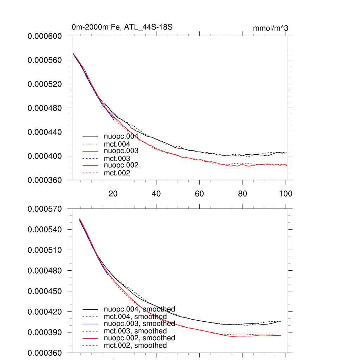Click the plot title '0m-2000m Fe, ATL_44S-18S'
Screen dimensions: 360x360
tap(122, 27)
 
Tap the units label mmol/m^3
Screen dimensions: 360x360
tap(270, 28)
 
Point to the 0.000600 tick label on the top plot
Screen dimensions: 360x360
tap(45, 36)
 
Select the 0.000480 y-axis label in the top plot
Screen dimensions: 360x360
tap(45, 108)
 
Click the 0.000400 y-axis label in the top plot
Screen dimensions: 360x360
tap(45, 156)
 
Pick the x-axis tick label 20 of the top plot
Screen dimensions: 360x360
tap(113, 193)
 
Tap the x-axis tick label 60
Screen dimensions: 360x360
tap(199, 193)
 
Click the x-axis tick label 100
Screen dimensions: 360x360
tap(285, 193)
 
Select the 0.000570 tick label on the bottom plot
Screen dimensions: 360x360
tap(45, 209)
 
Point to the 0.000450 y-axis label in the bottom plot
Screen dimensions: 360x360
tap(45, 291)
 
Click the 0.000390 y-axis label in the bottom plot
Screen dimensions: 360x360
tap(45, 332)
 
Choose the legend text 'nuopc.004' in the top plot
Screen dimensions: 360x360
tap(121, 136)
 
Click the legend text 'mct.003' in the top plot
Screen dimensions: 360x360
tap(117, 158)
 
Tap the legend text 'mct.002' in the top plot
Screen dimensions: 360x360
tap(117, 173)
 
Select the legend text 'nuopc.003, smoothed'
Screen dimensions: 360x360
tap(139, 323)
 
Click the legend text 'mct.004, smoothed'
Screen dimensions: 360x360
tap(135, 317)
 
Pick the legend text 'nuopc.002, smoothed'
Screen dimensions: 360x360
tap(139, 338)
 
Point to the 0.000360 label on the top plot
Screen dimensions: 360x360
tap(45, 180)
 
